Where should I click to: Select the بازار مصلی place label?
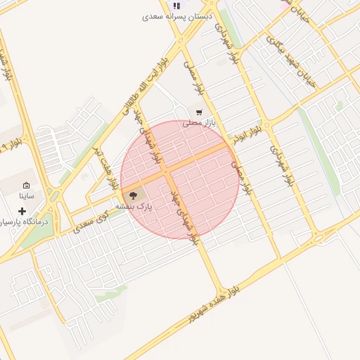[197, 123]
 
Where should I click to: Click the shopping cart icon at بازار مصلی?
[199, 112]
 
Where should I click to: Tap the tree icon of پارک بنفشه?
[134, 195]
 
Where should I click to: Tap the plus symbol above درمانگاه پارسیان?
[22, 210]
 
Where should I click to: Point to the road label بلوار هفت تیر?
[105, 169]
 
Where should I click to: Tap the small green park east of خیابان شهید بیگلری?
[340, 106]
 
